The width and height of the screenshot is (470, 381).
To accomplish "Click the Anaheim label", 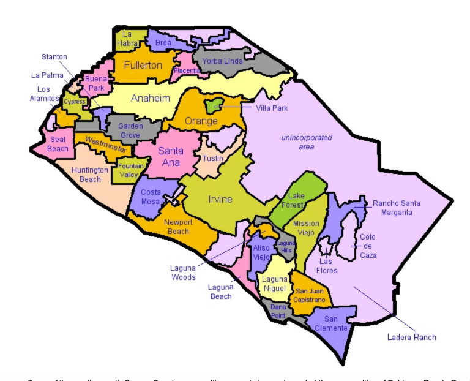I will point(151,98).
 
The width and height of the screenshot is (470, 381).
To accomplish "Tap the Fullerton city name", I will point(143,65).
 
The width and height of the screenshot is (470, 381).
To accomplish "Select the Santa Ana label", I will point(170,156).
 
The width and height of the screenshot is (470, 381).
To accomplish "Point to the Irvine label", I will point(220,199).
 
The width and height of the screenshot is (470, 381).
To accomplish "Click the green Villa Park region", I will point(214,105).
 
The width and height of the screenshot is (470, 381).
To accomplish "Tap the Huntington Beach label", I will point(90,175).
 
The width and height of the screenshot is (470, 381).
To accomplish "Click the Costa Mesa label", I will point(151,197).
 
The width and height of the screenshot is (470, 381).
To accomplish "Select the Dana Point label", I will point(278,311).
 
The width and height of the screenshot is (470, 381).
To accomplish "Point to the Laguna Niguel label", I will point(274,284).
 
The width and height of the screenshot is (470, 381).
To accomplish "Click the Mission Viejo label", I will point(306,228).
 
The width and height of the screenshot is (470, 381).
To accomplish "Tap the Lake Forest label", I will point(296,200).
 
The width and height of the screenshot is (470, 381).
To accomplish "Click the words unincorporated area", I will point(307,142).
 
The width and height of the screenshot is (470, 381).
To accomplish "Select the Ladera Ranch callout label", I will point(412,337).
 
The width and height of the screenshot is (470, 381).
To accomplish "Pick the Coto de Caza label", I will point(368,246).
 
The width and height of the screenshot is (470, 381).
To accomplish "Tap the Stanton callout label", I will point(54,57).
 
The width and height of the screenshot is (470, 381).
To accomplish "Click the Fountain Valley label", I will point(131,170).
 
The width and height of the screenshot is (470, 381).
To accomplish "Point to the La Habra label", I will point(129,39).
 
